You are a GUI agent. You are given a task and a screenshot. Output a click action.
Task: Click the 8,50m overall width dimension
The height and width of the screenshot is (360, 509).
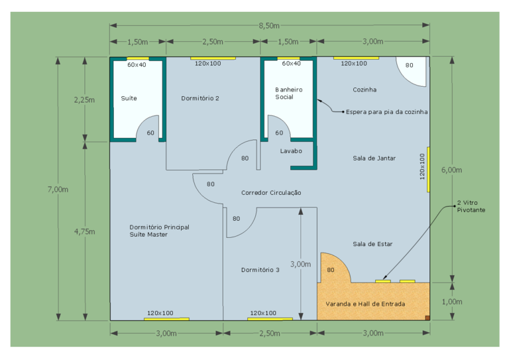pyautogui.click(x=269, y=26)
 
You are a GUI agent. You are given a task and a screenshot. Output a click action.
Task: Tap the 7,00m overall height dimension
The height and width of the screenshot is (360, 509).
pyautogui.click(x=58, y=189)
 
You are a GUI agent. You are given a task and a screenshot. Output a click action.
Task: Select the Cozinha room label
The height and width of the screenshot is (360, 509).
pyautogui.click(x=365, y=90)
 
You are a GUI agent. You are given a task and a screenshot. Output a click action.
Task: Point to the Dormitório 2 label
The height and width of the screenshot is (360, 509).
pyautogui.click(x=200, y=98)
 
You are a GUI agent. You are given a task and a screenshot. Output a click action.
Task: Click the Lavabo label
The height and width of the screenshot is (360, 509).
pyautogui.click(x=291, y=151)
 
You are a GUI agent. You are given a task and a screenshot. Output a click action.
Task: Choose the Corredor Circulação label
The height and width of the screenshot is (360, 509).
pyautogui.click(x=271, y=193)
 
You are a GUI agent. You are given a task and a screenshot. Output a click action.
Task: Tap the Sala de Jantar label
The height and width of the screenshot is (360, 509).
pyautogui.click(x=374, y=158)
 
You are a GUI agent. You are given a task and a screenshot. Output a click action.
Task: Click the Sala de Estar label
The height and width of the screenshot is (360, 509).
pyautogui.click(x=372, y=244)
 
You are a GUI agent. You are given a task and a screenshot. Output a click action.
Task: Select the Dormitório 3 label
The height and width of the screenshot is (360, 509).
pyautogui.click(x=260, y=270)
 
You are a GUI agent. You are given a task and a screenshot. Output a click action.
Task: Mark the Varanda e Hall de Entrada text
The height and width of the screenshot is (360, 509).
pyautogui.click(x=365, y=304)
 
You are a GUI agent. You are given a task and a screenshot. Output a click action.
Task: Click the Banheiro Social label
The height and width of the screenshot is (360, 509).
pyautogui.click(x=288, y=93)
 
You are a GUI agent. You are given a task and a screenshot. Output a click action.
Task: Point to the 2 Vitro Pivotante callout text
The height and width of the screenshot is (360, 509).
pyautogui.click(x=471, y=206)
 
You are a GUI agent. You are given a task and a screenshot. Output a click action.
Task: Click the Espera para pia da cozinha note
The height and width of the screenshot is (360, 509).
pyautogui.click(x=386, y=112)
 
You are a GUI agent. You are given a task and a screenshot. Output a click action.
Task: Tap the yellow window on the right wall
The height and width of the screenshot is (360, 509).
pyautogui.click(x=429, y=170)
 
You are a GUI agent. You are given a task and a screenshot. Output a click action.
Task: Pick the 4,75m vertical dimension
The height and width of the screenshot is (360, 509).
pyautogui.click(x=84, y=231)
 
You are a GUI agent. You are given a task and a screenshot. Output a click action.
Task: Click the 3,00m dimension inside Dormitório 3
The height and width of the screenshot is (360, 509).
pyautogui.click(x=300, y=265)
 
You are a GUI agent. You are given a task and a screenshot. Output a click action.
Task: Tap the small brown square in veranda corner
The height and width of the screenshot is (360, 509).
pyautogui.click(x=427, y=318)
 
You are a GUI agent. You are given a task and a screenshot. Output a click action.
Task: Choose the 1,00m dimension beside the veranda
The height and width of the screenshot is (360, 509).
pyautogui.click(x=452, y=302)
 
